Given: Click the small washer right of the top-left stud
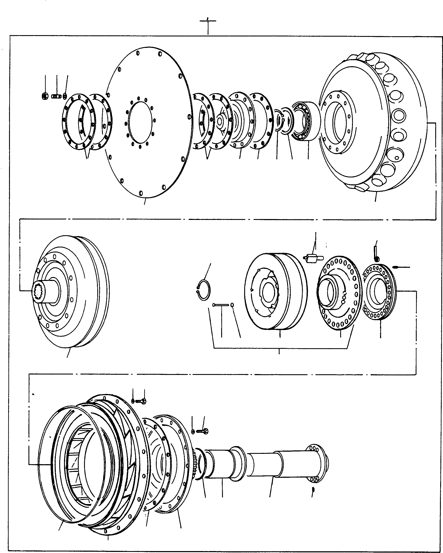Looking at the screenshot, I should tap(65, 96).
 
